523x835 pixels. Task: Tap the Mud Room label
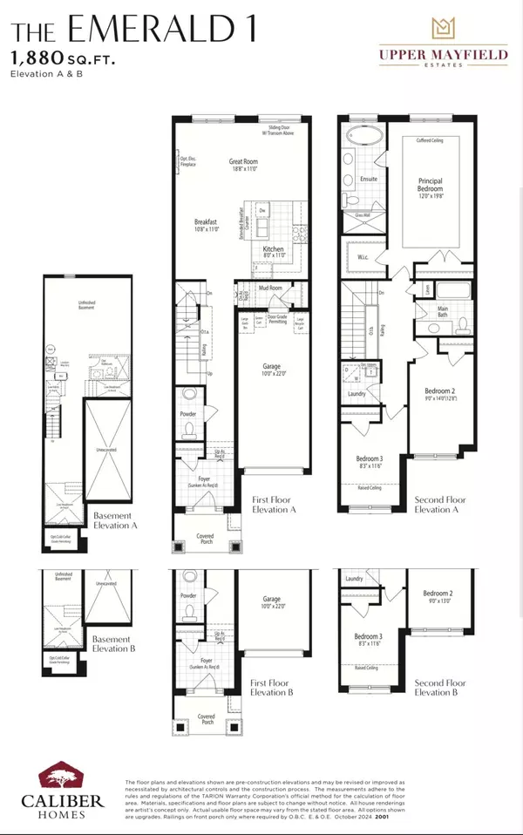pos(270,287)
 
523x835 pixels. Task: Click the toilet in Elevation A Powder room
pos(191,429)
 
